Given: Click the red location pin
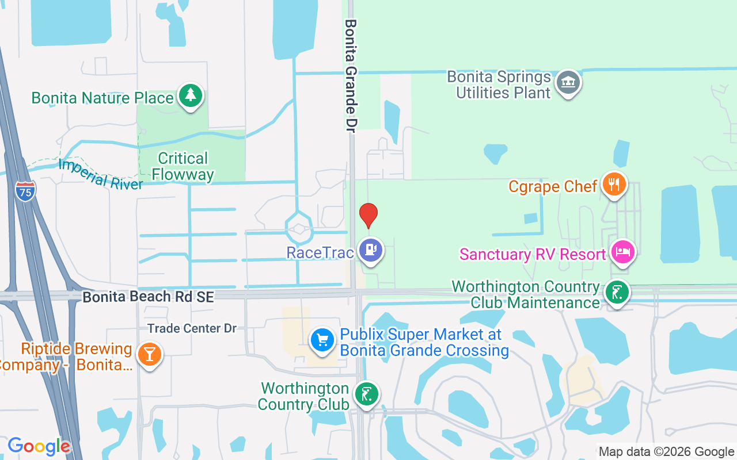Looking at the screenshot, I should click(368, 215).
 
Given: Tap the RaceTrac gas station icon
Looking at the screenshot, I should click(371, 251).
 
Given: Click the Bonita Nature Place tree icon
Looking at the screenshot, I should click(190, 95).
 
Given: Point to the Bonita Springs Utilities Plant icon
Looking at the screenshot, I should click(568, 83).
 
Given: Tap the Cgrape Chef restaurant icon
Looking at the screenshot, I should click(614, 185).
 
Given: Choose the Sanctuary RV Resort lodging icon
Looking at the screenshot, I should click(623, 252).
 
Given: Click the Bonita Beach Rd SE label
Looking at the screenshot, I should click(148, 297).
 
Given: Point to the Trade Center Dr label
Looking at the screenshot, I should click(192, 328).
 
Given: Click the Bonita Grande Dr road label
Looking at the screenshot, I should click(351, 75).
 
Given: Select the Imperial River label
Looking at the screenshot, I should click(100, 174).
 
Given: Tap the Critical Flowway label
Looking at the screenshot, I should click(183, 166).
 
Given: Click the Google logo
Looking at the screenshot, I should click(39, 446).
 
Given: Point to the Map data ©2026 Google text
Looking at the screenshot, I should click(666, 452).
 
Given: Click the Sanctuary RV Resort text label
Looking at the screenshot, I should click(533, 254).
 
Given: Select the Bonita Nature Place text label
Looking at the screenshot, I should click(102, 98).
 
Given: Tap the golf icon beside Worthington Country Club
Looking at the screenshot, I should click(366, 394).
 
